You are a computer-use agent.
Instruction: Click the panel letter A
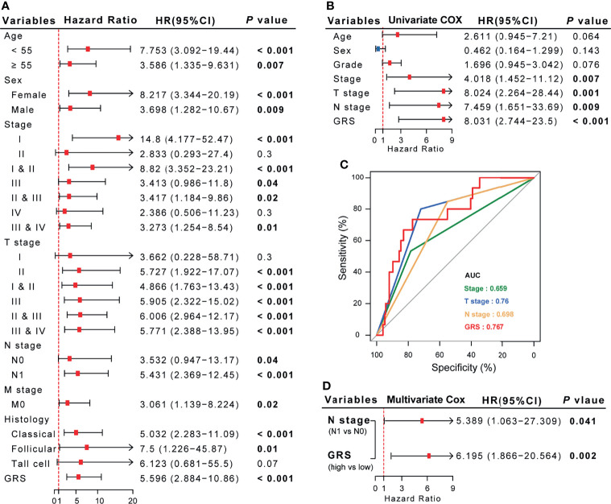pos(7,6)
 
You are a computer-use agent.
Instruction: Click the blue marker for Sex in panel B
pos(378,49)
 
